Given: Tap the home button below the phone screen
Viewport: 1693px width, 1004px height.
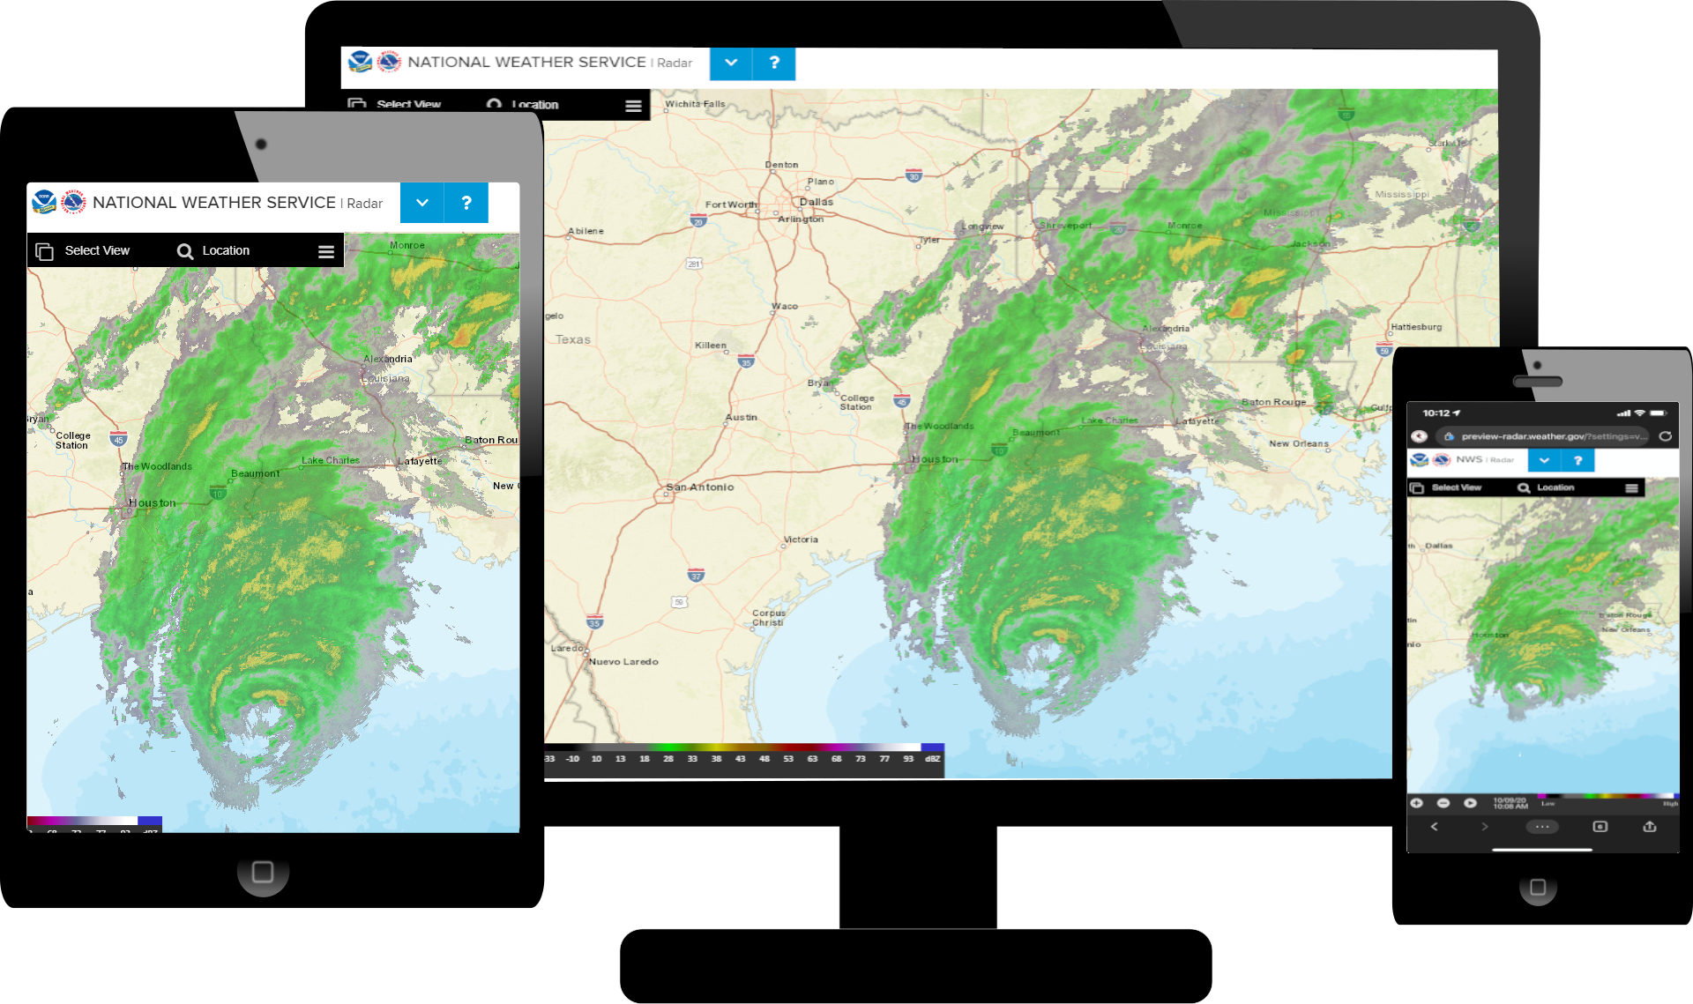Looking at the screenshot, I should click(x=1538, y=887).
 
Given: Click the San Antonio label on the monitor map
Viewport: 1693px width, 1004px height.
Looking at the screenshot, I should click(x=700, y=487).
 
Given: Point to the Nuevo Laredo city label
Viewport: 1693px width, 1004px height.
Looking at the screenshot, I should click(x=623, y=661).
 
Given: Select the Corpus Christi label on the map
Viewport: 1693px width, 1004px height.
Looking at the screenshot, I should click(x=768, y=617).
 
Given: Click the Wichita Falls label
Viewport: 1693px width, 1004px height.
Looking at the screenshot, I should click(x=695, y=104).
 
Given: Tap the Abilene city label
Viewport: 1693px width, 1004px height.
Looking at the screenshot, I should click(x=586, y=231).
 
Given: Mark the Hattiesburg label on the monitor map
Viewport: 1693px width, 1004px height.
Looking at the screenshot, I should click(x=1416, y=327).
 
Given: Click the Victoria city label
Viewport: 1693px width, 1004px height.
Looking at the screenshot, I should click(x=801, y=539).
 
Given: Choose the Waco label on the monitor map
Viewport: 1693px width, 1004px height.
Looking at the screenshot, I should click(x=785, y=306).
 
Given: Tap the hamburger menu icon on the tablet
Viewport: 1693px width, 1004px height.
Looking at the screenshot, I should click(x=326, y=251).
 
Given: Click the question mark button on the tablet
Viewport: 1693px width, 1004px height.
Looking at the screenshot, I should click(x=466, y=203).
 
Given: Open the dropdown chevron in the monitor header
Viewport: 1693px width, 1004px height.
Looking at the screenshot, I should click(x=731, y=63).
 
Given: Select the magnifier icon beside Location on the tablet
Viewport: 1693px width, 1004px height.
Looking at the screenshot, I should click(x=184, y=251).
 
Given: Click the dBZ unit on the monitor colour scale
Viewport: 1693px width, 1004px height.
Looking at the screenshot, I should click(x=932, y=759).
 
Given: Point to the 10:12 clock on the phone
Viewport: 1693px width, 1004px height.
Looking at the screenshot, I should click(x=1436, y=413).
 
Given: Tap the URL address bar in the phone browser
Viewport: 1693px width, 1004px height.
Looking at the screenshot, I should click(x=1547, y=436).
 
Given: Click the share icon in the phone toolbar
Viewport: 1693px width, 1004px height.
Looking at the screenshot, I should click(x=1650, y=827).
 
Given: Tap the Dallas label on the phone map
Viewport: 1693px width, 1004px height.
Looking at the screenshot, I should click(x=1438, y=546).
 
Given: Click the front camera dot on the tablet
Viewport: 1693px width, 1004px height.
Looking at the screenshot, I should click(x=261, y=145).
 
